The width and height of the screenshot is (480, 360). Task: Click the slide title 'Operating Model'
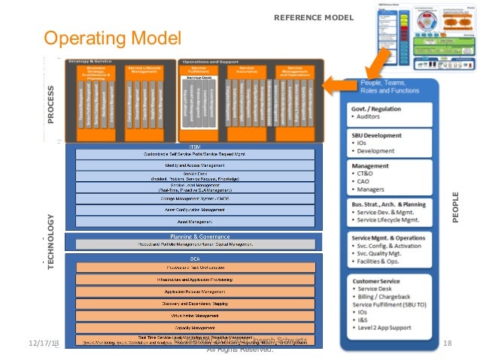[113, 38]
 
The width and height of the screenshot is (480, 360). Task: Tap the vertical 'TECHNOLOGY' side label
[50, 240]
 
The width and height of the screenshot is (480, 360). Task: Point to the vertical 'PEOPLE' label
[454, 207]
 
